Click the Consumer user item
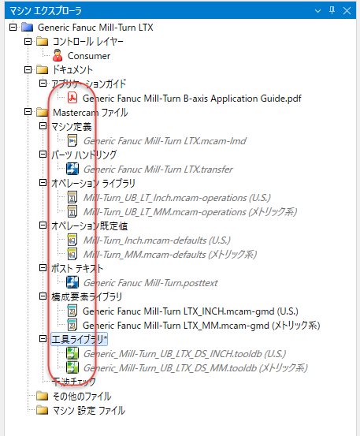pyautogui.click(x=88, y=56)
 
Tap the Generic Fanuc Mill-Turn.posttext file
pyautogui.click(x=165, y=282)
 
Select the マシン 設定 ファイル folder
pyautogui.click(x=83, y=410)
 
